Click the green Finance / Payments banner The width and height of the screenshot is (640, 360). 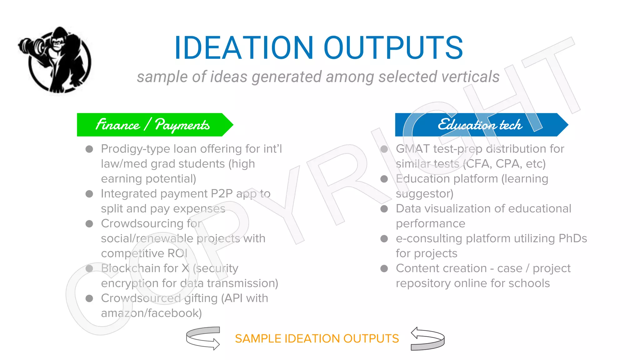(153, 125)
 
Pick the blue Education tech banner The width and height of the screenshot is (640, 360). (480, 125)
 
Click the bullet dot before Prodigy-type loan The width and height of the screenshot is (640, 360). (89, 149)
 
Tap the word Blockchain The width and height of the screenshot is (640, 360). (139, 268)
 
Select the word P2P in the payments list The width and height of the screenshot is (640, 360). (222, 194)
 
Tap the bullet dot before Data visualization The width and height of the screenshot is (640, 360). (384, 209)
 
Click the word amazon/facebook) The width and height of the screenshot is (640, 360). (151, 313)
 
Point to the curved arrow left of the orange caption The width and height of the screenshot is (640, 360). (203, 338)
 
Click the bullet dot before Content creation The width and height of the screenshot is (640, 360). (384, 268)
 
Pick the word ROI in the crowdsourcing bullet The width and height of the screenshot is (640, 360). (177, 253)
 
